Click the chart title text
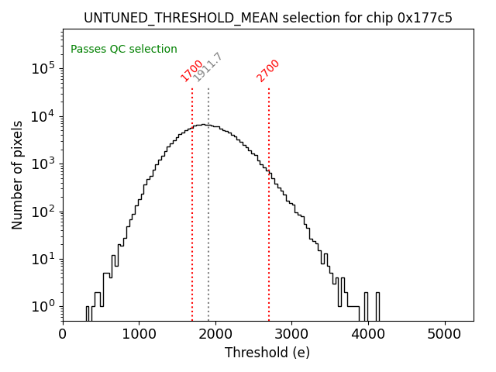click(x=267, y=18)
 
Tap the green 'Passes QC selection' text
click(x=124, y=49)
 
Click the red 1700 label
click(x=191, y=71)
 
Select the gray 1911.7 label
click(x=208, y=67)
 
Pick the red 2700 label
click(x=268, y=71)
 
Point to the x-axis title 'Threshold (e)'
click(x=267, y=353)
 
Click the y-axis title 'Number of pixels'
click(x=18, y=174)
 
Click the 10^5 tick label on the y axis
click(x=43, y=68)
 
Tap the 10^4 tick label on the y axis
click(x=43, y=116)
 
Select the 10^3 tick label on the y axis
click(x=43, y=164)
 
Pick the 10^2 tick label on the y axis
click(x=43, y=212)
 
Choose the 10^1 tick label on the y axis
click(x=43, y=259)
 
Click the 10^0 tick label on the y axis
click(x=43, y=307)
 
